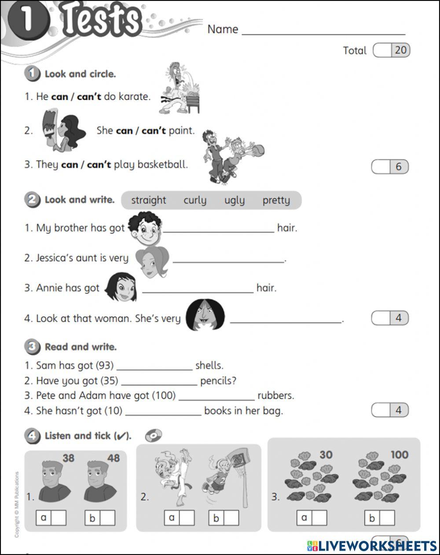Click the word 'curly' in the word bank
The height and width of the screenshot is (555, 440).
coord(194,200)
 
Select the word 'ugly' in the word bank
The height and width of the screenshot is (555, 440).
coord(234,200)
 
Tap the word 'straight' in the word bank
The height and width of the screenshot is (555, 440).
coord(148,200)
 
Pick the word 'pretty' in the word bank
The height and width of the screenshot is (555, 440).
coord(276,200)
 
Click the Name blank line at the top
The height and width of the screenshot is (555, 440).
coord(323,31)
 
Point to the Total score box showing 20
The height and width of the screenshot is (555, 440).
coord(391,50)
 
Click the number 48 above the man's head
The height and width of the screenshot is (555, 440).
coord(113,459)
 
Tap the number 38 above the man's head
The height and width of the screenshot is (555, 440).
coord(68,459)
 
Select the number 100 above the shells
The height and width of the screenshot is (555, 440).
coord(399,455)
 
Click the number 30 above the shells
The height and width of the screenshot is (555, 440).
coord(326,455)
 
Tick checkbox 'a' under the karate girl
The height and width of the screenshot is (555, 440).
coord(187,518)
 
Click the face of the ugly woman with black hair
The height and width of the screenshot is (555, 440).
coord(205,315)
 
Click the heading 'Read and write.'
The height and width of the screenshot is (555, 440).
coord(81,347)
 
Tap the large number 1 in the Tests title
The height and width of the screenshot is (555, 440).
coord(27,21)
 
